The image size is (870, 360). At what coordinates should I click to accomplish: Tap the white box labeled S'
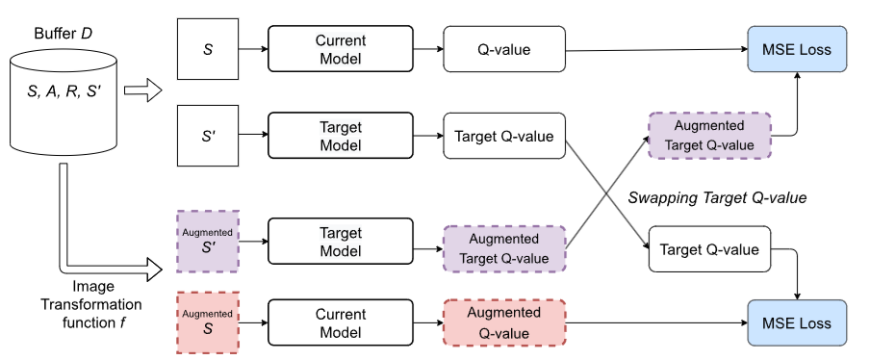click(208, 137)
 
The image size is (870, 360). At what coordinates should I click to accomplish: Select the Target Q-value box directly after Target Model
click(504, 137)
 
